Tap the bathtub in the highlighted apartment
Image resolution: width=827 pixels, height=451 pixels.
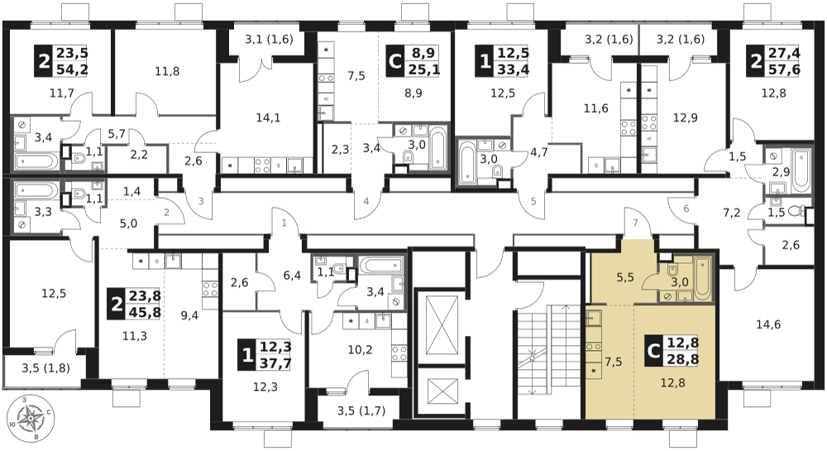(703, 277)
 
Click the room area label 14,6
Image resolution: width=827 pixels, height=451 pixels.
(768, 324)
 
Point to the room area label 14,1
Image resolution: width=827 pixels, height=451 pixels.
(267, 118)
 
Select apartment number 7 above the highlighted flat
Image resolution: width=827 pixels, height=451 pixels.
(635, 223)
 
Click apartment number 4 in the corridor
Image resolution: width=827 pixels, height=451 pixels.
(366, 200)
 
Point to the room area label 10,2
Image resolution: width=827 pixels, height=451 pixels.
(359, 348)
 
